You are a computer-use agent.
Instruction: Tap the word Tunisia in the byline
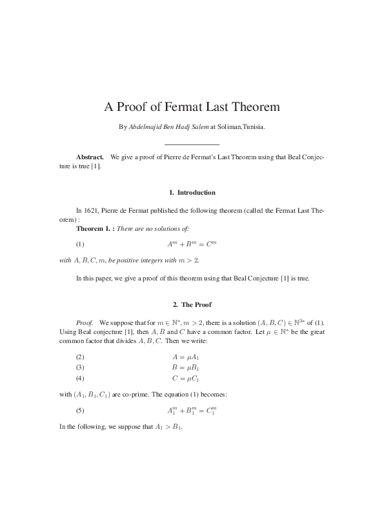[252, 127]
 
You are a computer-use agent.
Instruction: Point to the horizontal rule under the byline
[192, 144]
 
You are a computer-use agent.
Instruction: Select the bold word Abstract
[90, 157]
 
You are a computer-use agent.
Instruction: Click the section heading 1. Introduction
[192, 192]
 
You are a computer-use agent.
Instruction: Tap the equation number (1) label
[80, 244]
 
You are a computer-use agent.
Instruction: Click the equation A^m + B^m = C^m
[192, 244]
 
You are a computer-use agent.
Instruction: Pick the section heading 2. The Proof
[192, 304]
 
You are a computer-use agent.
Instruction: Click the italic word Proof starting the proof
[85, 321]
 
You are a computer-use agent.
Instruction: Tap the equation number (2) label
[80, 357]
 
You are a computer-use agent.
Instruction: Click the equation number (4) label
[80, 377]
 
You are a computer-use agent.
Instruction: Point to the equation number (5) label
[80, 411]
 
